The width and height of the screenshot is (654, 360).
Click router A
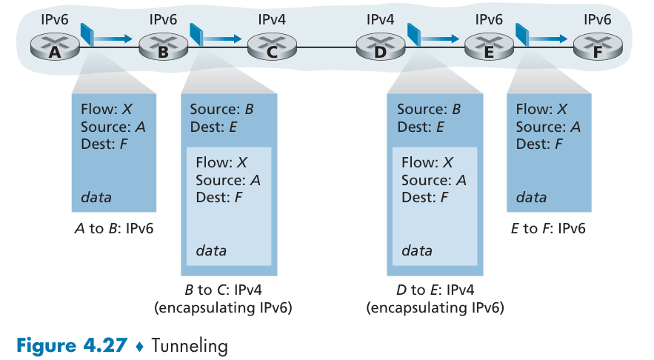pyautogui.click(x=54, y=48)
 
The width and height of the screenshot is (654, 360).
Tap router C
pyautogui.click(x=272, y=48)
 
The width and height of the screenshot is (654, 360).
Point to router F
pyautogui.click(x=598, y=48)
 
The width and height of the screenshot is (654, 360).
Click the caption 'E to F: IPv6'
pyautogui.click(x=549, y=228)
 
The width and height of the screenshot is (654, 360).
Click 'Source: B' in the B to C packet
pyautogui.click(x=222, y=110)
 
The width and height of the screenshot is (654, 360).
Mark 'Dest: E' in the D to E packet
pyautogui.click(x=421, y=127)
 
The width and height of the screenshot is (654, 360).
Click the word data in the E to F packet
pyautogui.click(x=531, y=197)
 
